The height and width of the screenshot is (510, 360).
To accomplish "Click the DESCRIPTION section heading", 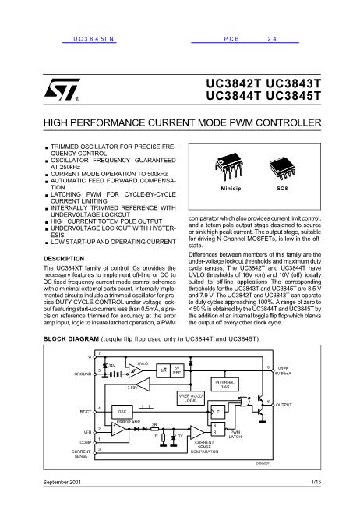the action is click(x=65, y=257).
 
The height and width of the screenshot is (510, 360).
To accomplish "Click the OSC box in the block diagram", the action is click(x=122, y=410).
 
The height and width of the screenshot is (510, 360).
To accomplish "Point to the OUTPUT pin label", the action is click(x=284, y=406).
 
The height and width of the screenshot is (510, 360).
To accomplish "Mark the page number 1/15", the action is click(x=315, y=483).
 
